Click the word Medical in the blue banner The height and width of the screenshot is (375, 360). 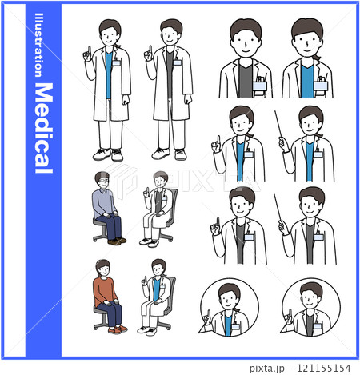(x=44, y=128)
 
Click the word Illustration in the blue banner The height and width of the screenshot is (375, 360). (x=39, y=45)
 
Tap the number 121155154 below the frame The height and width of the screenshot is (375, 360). (x=323, y=369)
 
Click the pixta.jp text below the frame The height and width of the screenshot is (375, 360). (x=267, y=369)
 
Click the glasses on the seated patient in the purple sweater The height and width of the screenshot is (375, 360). (x=103, y=181)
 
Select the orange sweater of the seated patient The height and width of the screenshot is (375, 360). (x=104, y=292)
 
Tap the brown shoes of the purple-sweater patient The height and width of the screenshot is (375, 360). (x=117, y=241)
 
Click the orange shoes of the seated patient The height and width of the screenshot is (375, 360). (x=118, y=329)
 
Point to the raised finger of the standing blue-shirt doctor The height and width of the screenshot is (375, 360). (x=90, y=50)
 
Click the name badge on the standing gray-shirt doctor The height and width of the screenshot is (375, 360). (x=177, y=62)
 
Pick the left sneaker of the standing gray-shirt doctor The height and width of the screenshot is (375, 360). (x=161, y=154)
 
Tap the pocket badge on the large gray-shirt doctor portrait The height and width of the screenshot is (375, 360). (x=260, y=86)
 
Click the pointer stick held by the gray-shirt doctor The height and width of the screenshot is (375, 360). (x=278, y=207)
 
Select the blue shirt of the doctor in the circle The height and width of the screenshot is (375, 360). (x=228, y=325)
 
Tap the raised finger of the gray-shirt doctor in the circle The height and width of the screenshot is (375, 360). (x=290, y=313)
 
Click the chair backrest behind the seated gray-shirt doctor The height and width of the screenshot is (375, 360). (x=173, y=206)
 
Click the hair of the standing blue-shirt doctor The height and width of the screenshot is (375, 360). (x=110, y=26)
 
